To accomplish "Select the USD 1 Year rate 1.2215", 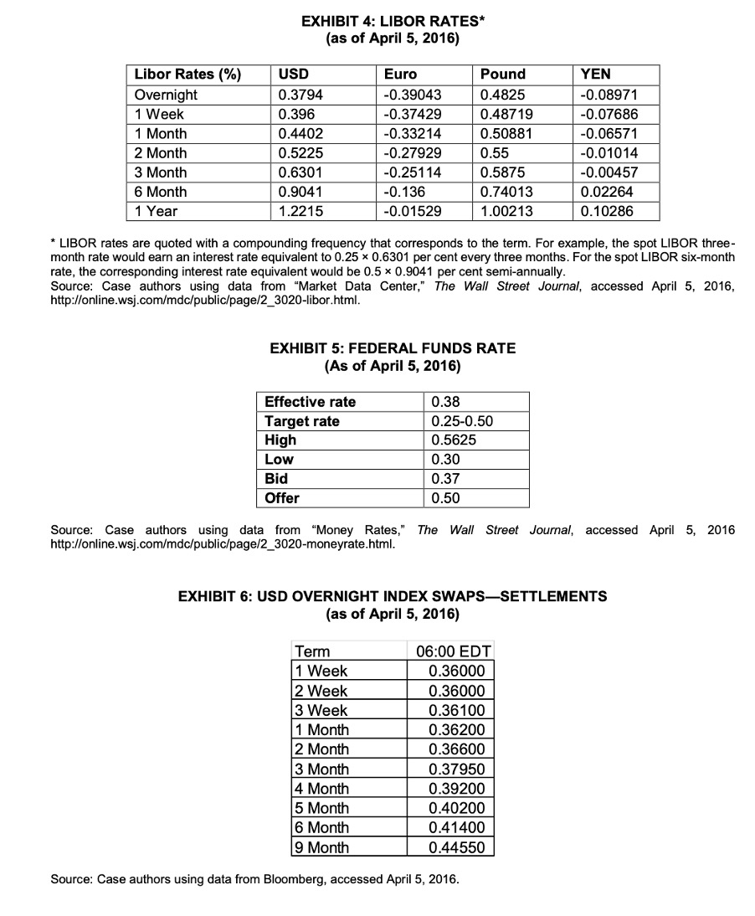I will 297,211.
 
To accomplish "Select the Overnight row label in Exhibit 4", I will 166,95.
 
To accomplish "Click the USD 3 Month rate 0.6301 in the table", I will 297,172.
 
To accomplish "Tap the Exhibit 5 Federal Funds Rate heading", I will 392,348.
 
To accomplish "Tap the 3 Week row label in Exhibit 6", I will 321,710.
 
